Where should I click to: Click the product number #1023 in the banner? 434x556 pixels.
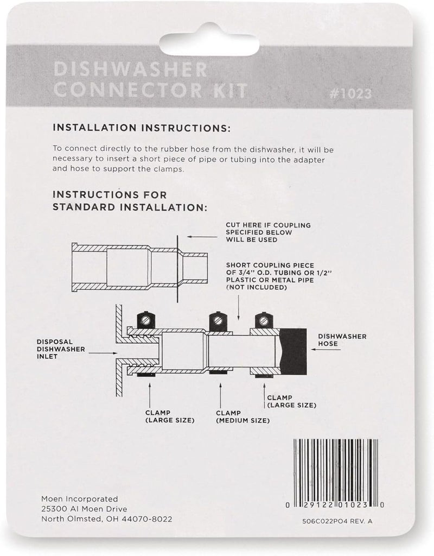tap(349, 93)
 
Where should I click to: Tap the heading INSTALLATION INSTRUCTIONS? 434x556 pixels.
tap(141, 129)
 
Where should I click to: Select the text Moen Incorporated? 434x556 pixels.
tap(80, 498)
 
